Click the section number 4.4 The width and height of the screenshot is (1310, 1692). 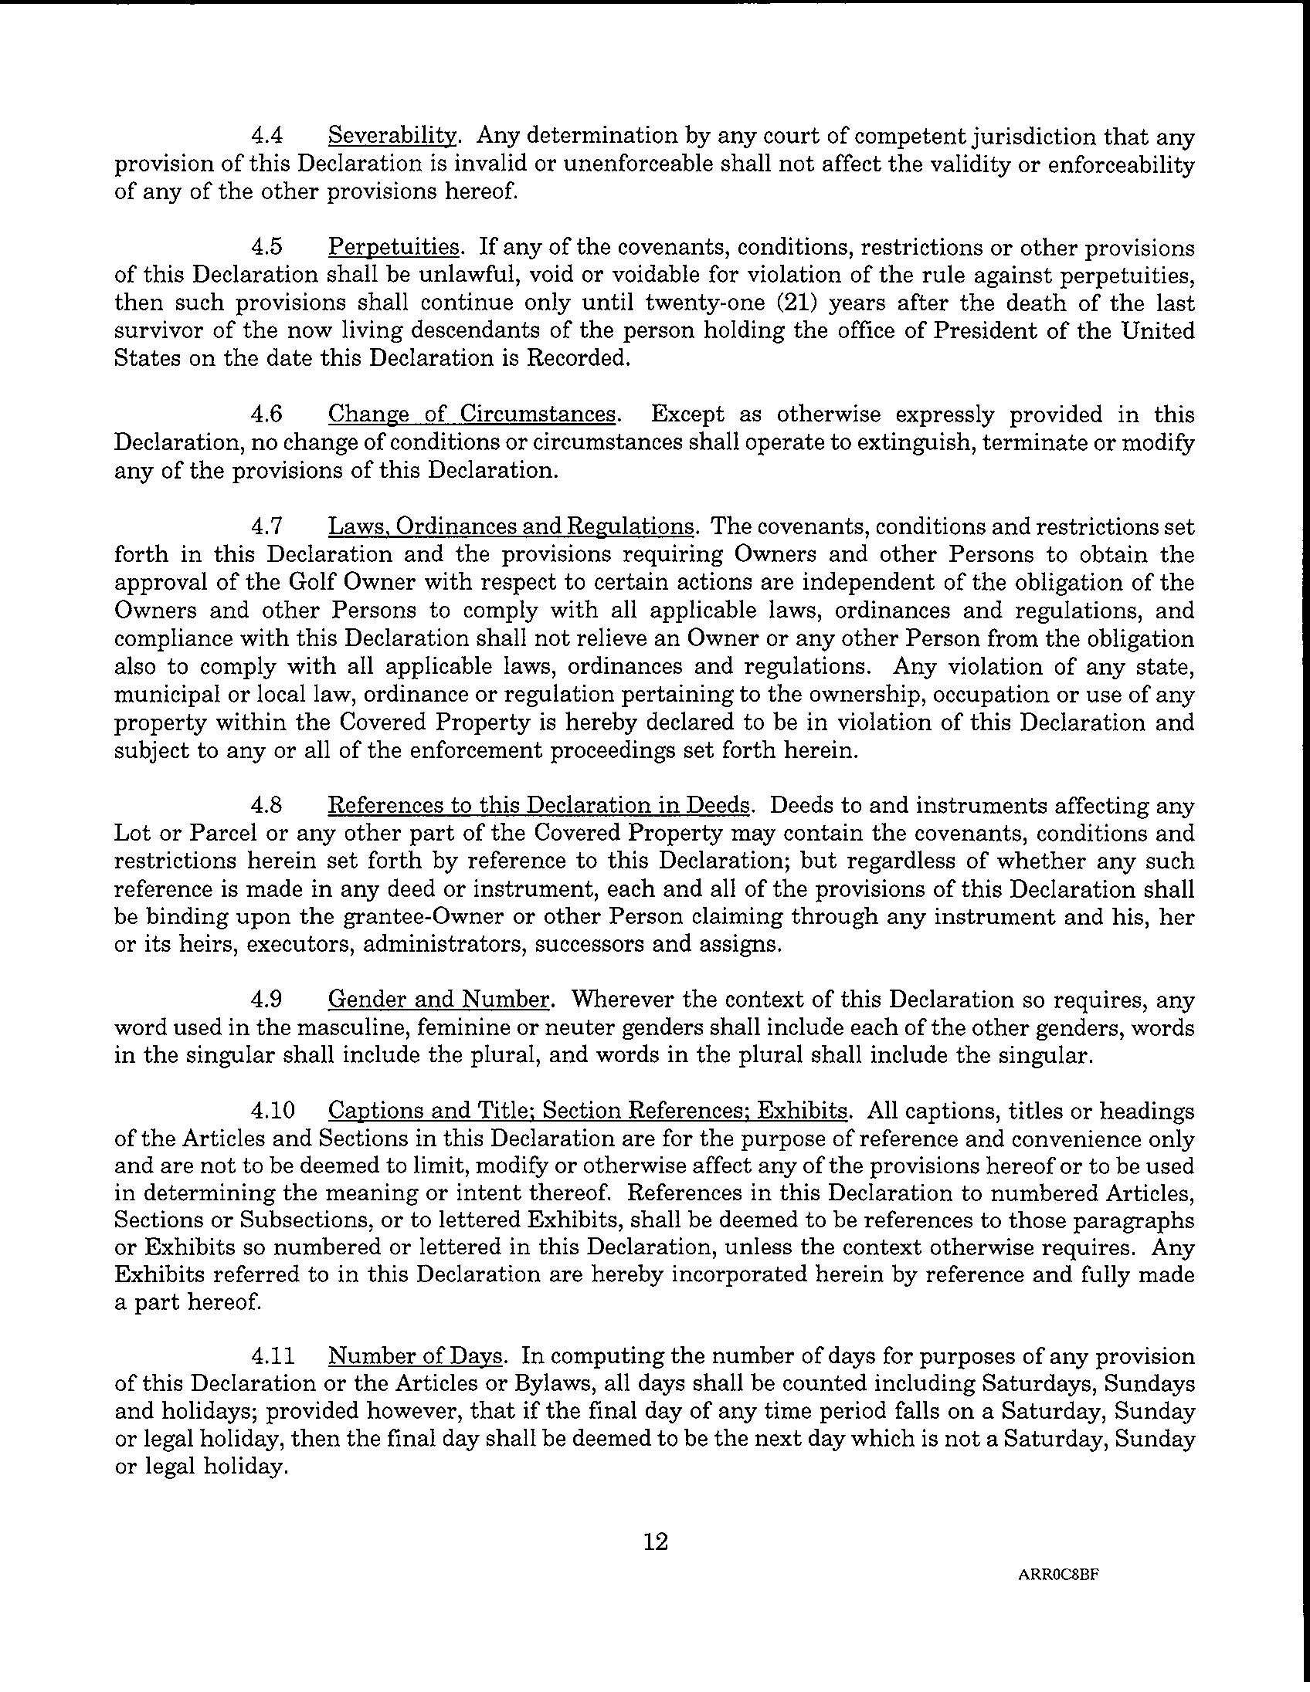(x=266, y=137)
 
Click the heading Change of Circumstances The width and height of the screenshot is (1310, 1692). (x=472, y=415)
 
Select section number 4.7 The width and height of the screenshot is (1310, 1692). (x=266, y=526)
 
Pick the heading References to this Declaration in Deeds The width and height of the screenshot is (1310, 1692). (x=539, y=806)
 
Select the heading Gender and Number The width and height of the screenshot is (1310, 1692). (x=439, y=1000)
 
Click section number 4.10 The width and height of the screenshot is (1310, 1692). (x=273, y=1112)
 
